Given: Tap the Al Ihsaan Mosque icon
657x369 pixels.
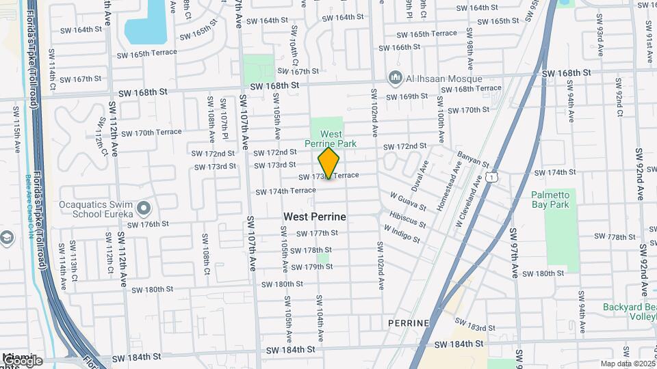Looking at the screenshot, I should click(x=395, y=78).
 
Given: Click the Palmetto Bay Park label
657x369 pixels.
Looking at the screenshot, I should click(x=550, y=199).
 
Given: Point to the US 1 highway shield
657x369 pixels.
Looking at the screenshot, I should click(x=491, y=177).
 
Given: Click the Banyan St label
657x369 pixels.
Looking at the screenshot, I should click(x=473, y=160).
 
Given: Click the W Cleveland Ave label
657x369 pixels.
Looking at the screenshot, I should click(x=469, y=203).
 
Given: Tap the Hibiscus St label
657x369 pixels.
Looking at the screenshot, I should click(x=407, y=219).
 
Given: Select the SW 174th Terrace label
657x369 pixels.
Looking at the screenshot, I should click(x=286, y=191).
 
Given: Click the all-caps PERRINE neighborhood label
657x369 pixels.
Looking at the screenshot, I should click(x=408, y=323).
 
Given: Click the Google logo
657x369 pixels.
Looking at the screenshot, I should click(x=23, y=360).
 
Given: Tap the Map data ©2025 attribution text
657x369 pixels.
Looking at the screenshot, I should click(x=627, y=364).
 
